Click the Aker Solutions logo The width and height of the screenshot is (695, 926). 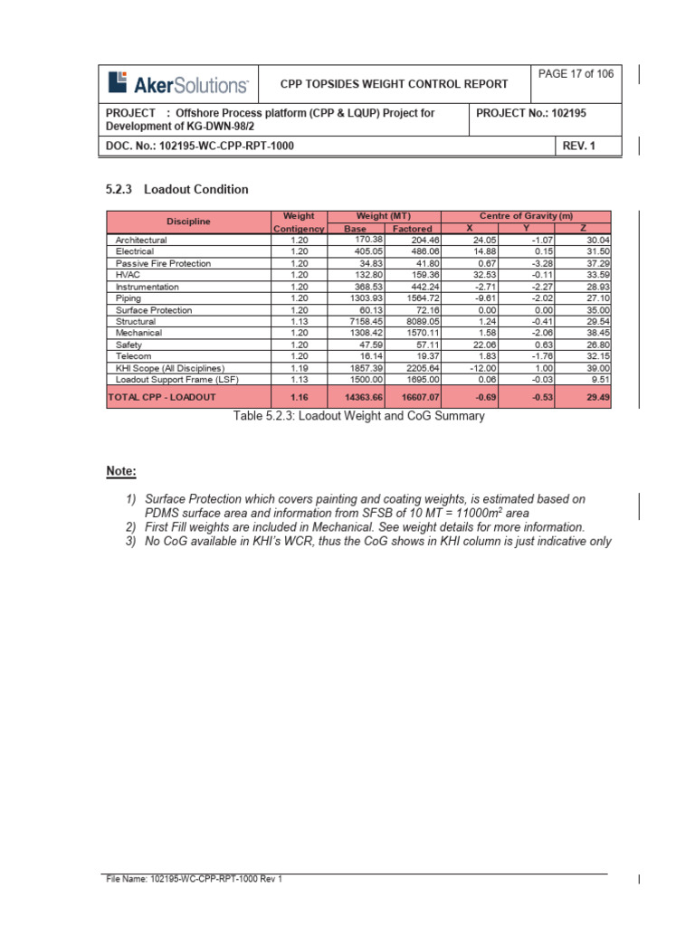178,84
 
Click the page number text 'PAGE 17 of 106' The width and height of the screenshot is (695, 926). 576,74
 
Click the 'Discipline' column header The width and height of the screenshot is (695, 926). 188,222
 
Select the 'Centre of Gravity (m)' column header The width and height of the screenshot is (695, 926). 527,216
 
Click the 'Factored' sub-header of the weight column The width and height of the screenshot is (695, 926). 412,229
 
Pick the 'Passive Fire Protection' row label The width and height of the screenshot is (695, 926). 163,263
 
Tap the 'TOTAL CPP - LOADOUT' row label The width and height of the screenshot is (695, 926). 161,397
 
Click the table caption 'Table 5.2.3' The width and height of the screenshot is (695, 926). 359,417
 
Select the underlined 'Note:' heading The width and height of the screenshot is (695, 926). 122,471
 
